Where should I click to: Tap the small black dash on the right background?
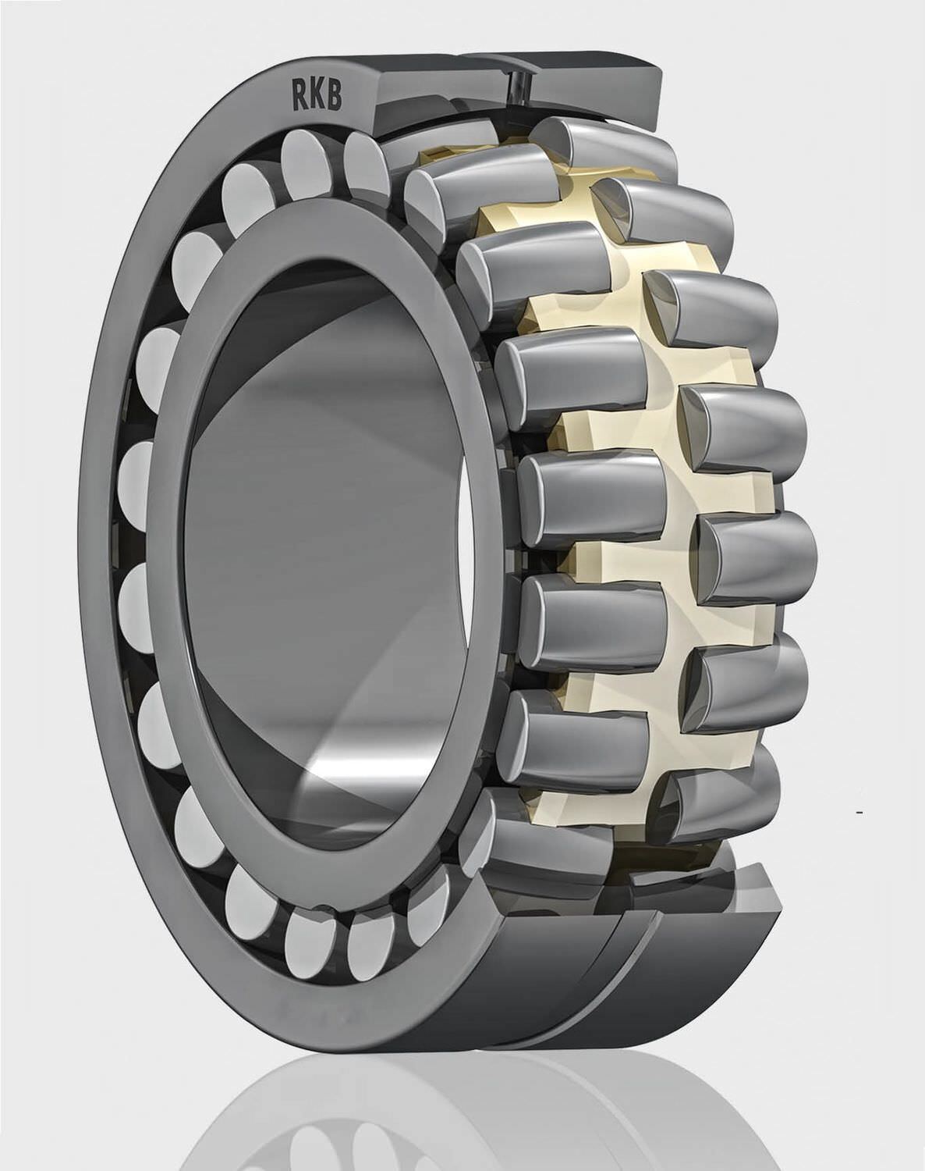859,813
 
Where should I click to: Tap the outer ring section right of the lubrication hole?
593,86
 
